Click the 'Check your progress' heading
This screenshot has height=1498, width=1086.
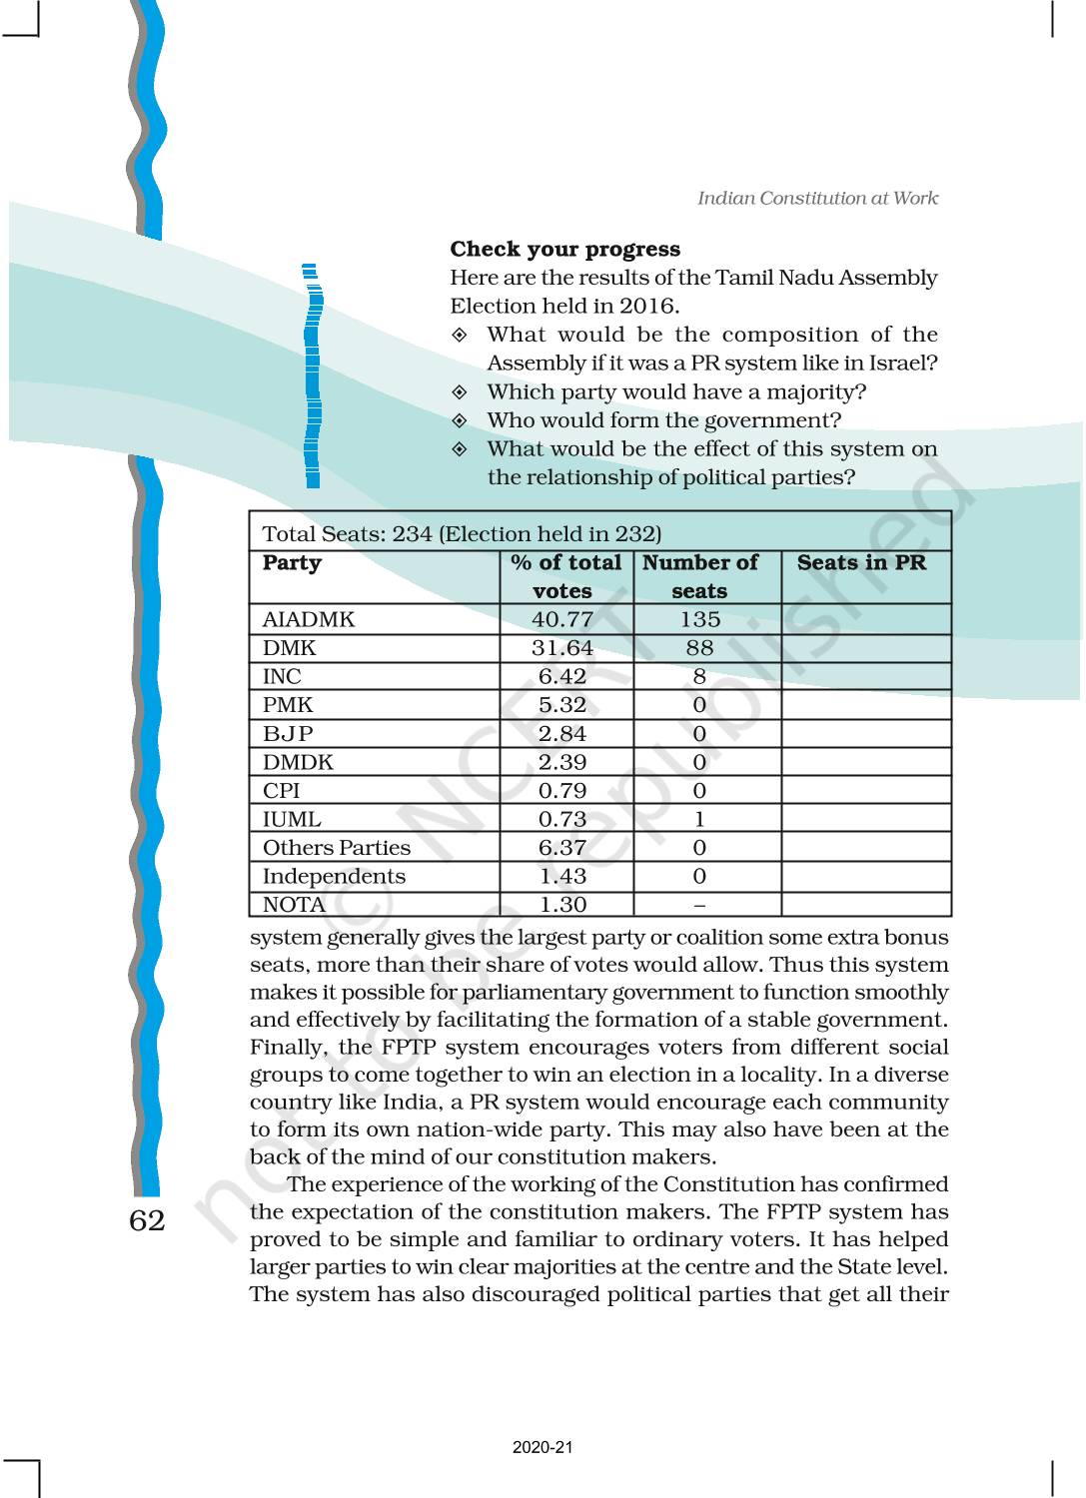(564, 250)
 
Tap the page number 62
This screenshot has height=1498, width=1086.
(147, 1220)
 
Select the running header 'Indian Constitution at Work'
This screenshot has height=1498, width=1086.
(817, 198)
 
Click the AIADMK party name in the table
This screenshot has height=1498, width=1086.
(308, 620)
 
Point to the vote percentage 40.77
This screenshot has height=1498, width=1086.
(562, 620)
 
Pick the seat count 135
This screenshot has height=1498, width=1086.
(699, 620)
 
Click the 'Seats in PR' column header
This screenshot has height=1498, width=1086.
(861, 563)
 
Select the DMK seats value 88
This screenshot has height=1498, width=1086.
(699, 648)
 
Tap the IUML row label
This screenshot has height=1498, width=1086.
(292, 820)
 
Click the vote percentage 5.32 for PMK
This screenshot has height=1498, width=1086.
(562, 705)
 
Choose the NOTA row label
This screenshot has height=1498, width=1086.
(294, 905)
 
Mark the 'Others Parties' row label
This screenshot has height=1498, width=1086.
(336, 848)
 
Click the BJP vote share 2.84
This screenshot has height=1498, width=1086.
(562, 734)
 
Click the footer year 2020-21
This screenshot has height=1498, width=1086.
(543, 1447)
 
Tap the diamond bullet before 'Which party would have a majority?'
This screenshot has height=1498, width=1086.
(460, 392)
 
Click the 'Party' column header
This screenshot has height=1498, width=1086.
(292, 563)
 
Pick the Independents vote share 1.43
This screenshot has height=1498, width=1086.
(562, 877)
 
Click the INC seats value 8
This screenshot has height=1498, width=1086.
(699, 677)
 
